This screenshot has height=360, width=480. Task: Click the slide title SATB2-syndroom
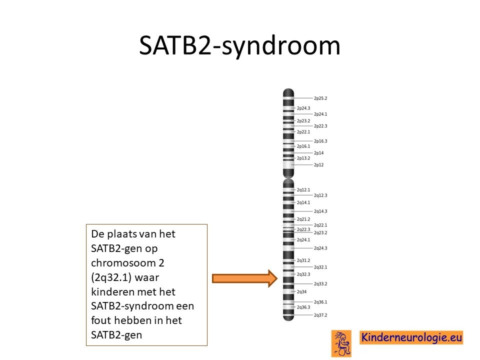pyautogui.click(x=239, y=46)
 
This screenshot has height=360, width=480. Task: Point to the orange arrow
pyautogui.click(x=245, y=278)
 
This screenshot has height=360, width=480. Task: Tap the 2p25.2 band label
pyautogui.click(x=320, y=98)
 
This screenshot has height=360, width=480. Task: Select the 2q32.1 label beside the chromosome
pyautogui.click(x=320, y=267)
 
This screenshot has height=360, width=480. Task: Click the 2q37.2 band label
pyautogui.click(x=320, y=315)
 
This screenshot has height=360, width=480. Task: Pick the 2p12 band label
pyautogui.click(x=318, y=164)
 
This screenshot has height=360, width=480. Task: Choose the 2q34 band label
pyautogui.click(x=301, y=291)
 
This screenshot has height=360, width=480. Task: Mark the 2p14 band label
pyautogui.click(x=318, y=153)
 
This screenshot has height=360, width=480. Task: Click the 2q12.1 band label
pyautogui.click(x=303, y=190)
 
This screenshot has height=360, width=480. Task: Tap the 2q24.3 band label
pyautogui.click(x=320, y=248)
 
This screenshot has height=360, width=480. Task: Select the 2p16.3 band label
pyautogui.click(x=320, y=141)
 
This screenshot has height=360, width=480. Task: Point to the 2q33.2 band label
pyautogui.click(x=320, y=284)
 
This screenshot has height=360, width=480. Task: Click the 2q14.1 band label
pyautogui.click(x=303, y=202)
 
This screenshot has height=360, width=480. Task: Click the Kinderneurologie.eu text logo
pyautogui.click(x=411, y=337)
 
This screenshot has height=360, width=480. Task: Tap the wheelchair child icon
pyautogui.click(x=341, y=343)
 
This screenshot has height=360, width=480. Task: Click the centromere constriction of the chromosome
pyautogui.click(x=288, y=178)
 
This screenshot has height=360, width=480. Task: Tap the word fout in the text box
pyautogui.click(x=100, y=320)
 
